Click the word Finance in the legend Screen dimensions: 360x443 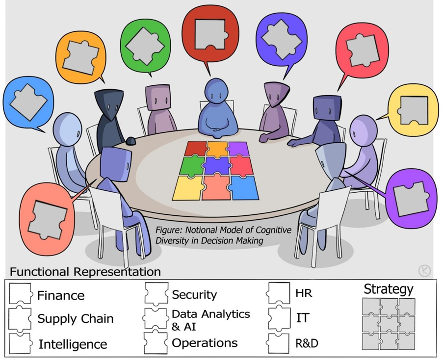61,295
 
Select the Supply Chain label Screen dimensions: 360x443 76,319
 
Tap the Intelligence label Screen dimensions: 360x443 73,344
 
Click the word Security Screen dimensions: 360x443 194,295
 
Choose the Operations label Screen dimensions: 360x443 205,343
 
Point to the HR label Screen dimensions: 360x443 304,293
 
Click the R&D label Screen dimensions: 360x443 307,343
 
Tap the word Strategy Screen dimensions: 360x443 389,289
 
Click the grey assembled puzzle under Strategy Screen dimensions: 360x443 389,324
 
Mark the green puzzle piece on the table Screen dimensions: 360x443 192,166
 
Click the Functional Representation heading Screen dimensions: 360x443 85,271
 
